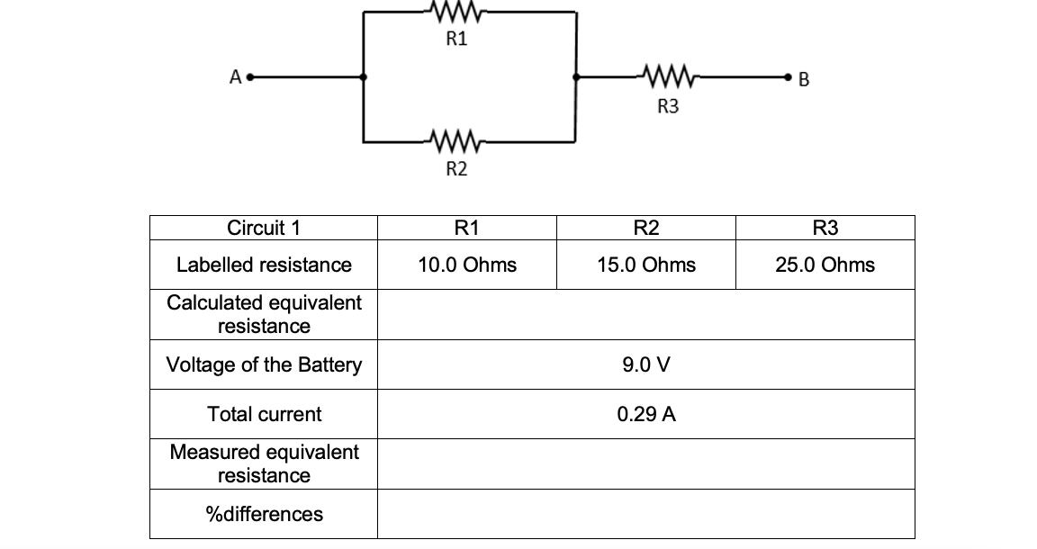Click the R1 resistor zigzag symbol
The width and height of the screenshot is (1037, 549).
point(457,13)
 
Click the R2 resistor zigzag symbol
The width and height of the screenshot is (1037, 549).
point(457,141)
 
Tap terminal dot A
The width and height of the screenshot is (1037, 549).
point(251,77)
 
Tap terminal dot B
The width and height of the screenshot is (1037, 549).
point(789,77)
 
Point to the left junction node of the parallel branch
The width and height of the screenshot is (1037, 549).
point(364,77)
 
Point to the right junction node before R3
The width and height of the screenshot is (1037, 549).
point(576,77)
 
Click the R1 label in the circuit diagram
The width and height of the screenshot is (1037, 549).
point(457,40)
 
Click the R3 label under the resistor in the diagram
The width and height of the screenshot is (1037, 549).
point(668,107)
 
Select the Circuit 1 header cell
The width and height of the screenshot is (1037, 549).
point(264,228)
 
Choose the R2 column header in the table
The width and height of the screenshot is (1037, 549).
point(645,228)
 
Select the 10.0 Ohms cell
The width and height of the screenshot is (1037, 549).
point(466,265)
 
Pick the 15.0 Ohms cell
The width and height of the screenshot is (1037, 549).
point(645,265)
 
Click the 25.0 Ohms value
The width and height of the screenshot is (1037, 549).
point(825,265)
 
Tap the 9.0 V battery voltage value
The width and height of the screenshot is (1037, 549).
point(645,365)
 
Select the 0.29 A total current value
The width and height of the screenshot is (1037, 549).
point(645,415)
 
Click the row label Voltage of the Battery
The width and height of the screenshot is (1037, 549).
point(264,365)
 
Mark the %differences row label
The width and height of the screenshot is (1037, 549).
point(264,515)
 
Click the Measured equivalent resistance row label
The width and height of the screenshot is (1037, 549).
point(264,463)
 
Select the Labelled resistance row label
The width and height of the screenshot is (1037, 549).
point(264,265)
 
